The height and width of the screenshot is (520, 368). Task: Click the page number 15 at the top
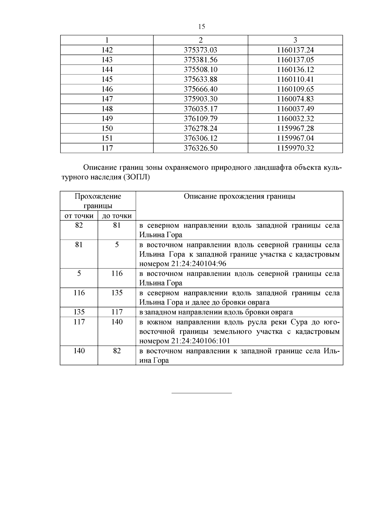click(201, 27)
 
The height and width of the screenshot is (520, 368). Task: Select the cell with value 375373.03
click(201, 50)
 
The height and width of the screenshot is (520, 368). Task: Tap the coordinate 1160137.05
click(295, 60)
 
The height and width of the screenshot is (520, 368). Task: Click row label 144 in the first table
click(107, 70)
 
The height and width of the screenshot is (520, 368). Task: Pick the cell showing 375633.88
click(201, 79)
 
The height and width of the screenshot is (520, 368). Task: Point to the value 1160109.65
click(295, 89)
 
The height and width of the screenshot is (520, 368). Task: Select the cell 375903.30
click(201, 99)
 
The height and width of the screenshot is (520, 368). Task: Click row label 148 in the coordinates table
click(107, 109)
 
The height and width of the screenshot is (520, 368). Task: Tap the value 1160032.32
click(295, 119)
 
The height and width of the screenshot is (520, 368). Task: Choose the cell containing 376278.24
click(201, 128)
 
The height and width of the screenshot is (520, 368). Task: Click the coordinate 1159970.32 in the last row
click(295, 148)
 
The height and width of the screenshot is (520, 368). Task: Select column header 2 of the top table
click(201, 40)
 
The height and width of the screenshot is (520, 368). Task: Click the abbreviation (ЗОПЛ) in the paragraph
click(137, 177)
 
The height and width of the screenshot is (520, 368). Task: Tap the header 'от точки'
click(79, 216)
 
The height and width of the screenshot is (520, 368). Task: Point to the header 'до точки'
click(117, 216)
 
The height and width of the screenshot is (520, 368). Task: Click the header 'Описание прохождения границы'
click(239, 196)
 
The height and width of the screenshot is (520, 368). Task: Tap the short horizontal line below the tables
click(201, 393)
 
